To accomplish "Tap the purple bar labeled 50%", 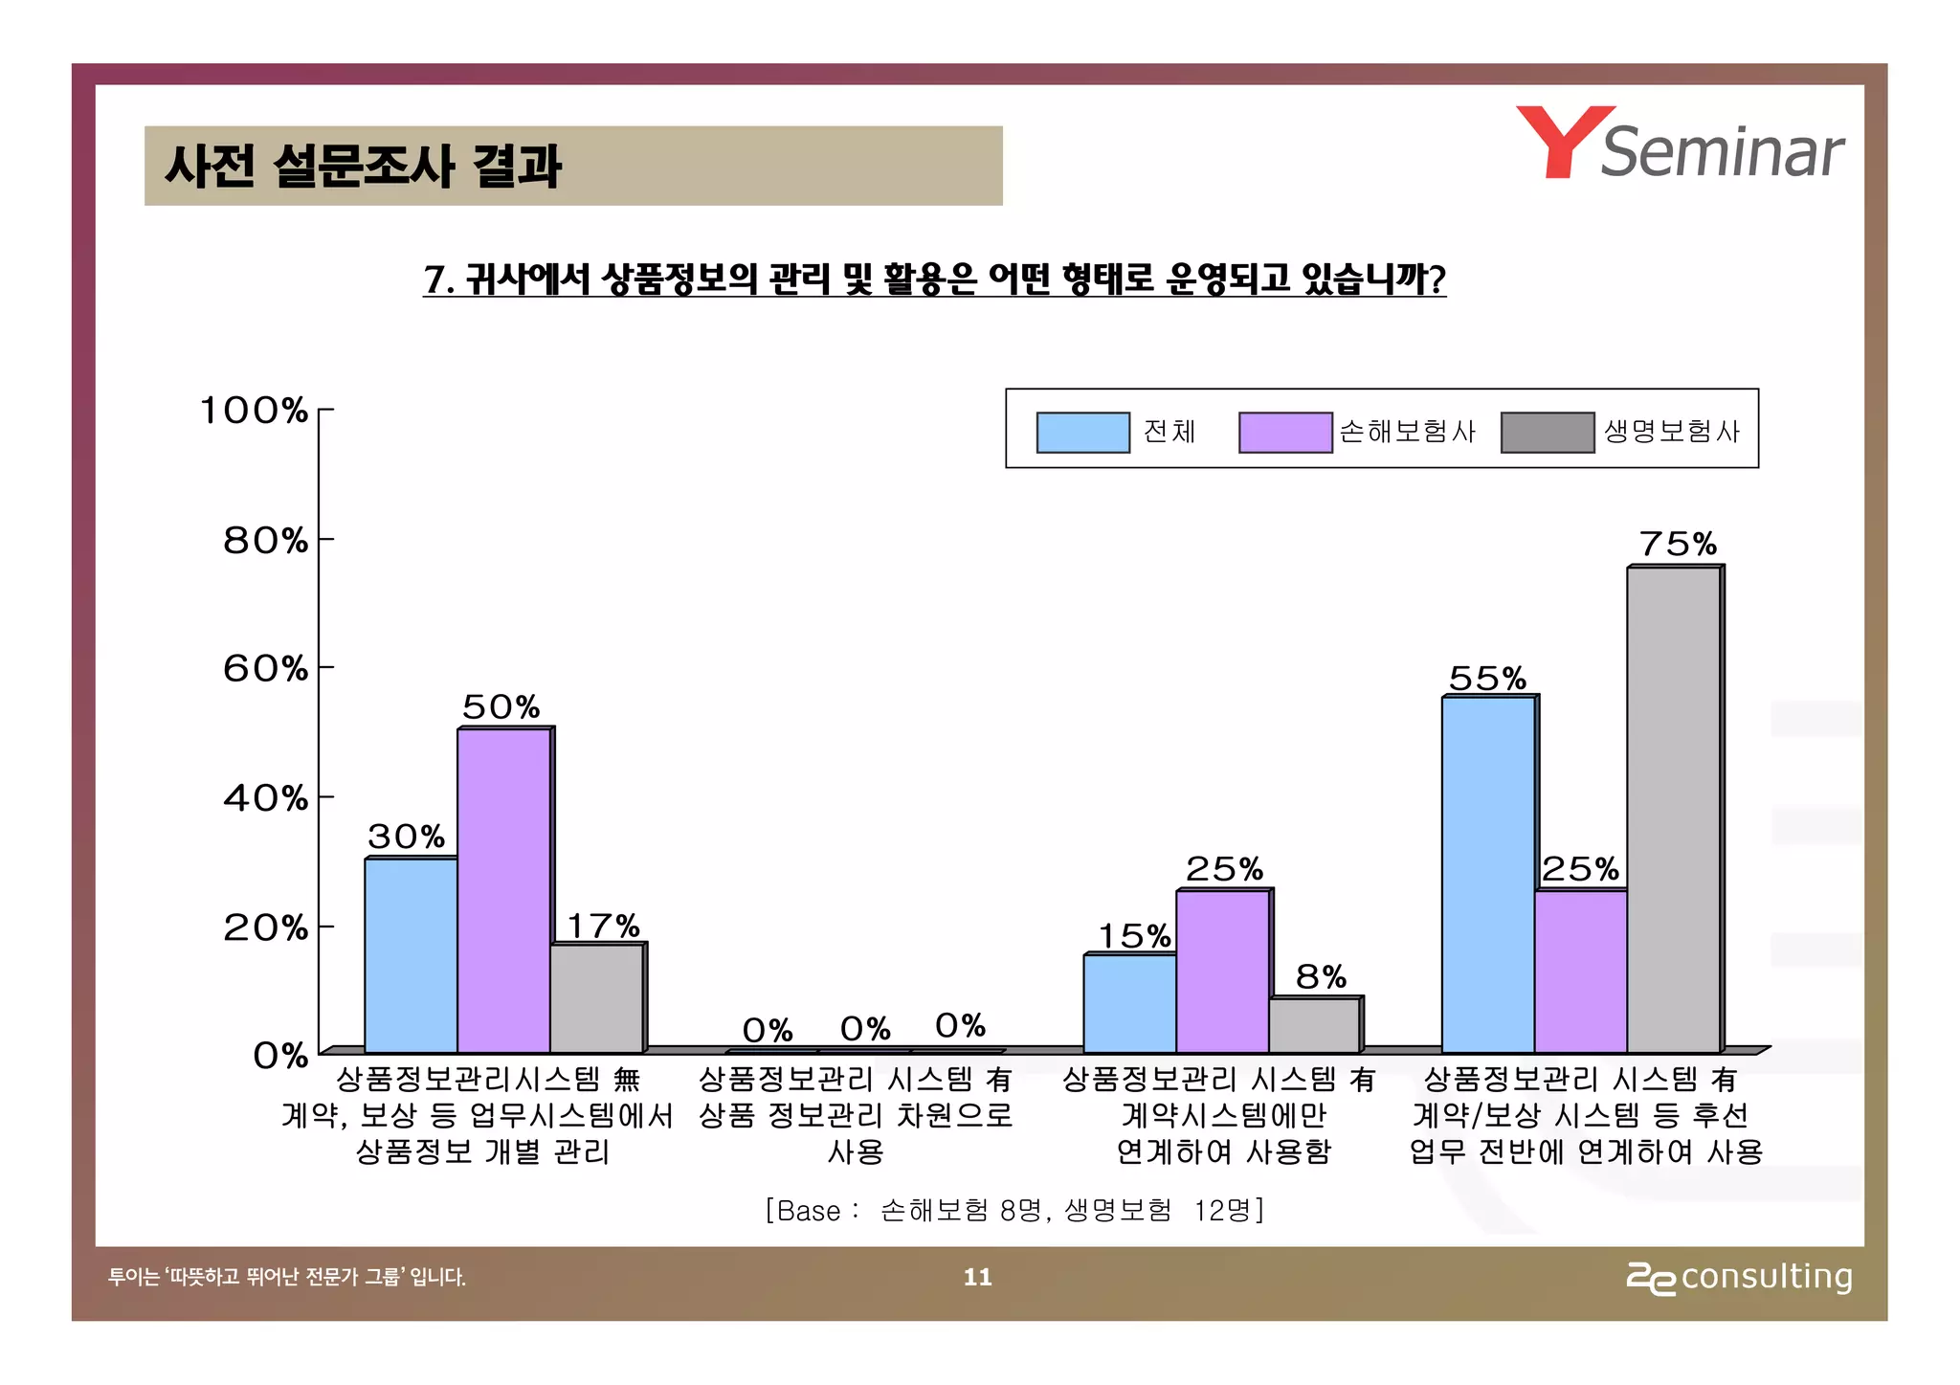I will point(504,890).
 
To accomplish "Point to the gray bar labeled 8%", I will point(1314,1025).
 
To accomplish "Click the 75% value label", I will point(1678,545).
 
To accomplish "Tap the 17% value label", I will point(603,927).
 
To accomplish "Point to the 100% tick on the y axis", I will point(254,411).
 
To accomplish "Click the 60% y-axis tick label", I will point(266,668).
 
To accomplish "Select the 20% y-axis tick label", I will point(266,927).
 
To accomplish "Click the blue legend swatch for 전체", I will point(1083,432).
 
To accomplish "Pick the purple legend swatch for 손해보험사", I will point(1285,432).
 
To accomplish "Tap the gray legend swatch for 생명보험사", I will point(1548,432).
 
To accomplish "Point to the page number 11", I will point(977,1277).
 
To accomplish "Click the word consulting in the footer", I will point(1767,1277).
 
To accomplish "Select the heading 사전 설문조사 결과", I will point(363,166).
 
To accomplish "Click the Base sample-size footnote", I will point(1014,1211).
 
